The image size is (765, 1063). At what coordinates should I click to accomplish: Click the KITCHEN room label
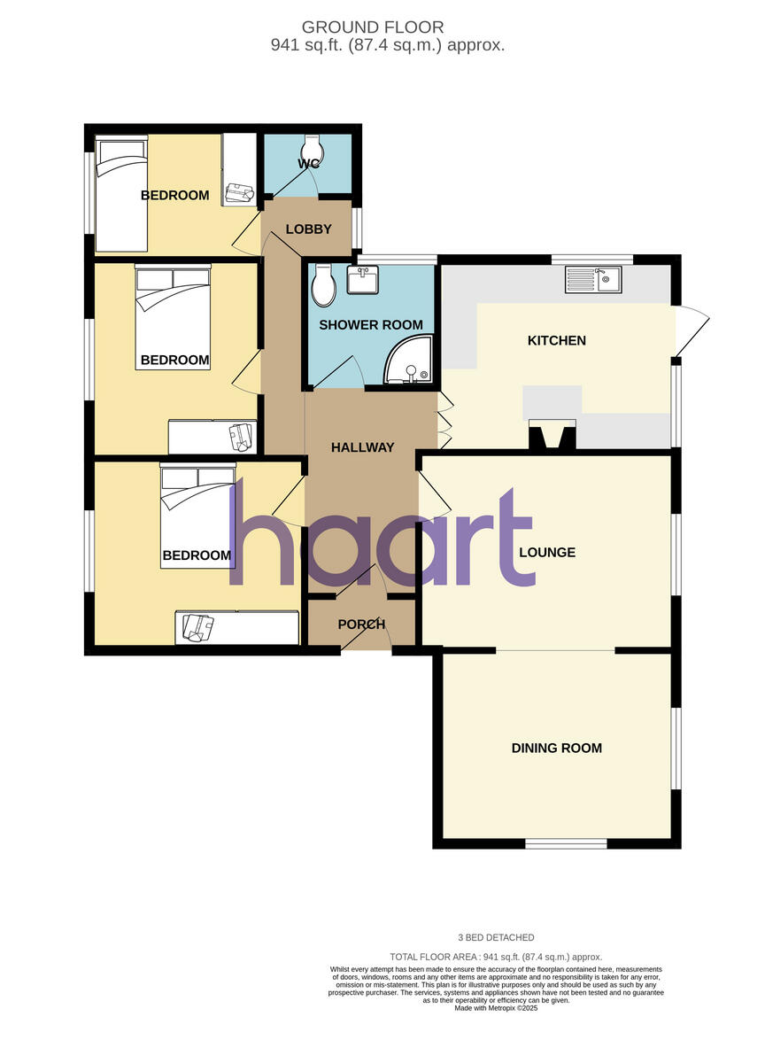pos(557,340)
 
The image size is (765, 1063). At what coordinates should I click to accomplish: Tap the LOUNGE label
pos(547,552)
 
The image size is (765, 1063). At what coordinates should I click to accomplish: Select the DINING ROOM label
pos(556,748)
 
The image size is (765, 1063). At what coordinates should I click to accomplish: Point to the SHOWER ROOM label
pos(370,325)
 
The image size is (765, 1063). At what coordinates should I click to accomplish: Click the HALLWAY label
pos(362,447)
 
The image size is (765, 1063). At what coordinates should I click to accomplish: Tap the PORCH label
pos(362,625)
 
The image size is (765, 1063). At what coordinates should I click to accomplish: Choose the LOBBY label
pos(308,229)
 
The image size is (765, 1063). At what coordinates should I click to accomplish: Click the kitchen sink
pos(594,280)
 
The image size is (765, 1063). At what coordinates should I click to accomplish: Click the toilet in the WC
pos(311,145)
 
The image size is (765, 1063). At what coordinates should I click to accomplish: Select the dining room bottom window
pos(566,843)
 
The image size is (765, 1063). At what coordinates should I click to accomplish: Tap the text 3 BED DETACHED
pos(496,937)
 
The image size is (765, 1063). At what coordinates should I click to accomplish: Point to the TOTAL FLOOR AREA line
pos(496,957)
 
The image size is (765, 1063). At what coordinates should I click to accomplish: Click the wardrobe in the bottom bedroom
pos(237,627)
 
